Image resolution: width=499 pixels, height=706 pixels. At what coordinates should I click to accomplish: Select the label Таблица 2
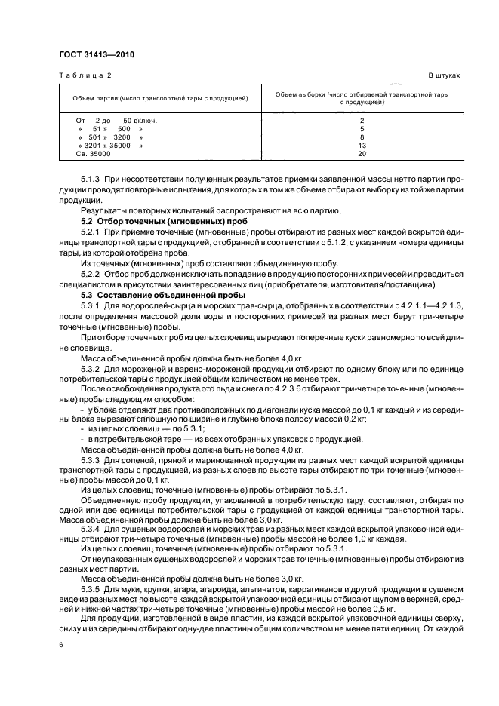(85, 76)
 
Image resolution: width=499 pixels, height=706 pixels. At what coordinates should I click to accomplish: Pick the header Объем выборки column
(362, 99)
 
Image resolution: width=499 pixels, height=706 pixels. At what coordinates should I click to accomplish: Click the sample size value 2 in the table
(362, 121)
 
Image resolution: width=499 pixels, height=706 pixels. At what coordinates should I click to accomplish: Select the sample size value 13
(362, 146)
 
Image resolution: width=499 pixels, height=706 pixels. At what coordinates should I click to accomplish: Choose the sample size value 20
(362, 154)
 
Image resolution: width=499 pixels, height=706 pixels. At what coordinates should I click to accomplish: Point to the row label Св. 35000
(93, 154)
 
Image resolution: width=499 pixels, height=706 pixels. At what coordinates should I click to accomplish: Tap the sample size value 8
(362, 137)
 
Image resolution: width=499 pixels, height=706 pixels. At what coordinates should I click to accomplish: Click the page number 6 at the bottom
(61, 646)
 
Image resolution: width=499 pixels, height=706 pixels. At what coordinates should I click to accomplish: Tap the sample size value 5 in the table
(362, 129)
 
